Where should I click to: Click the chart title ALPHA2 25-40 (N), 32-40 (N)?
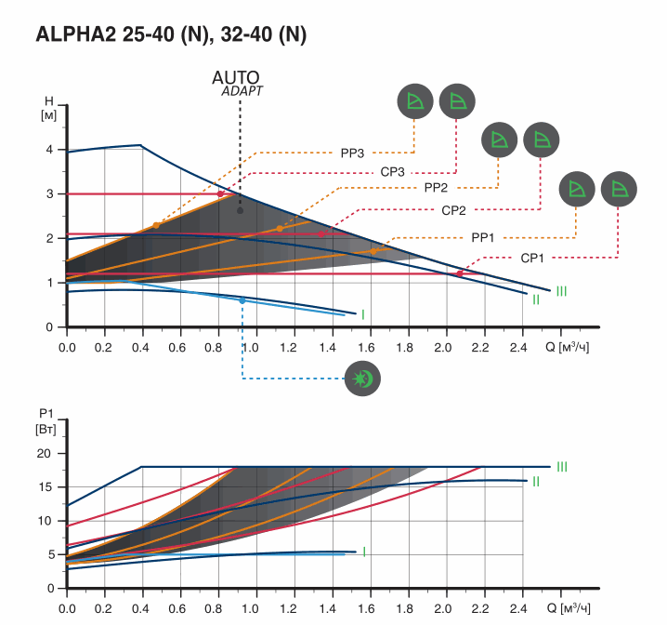[x=170, y=35]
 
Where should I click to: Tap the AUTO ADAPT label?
[x=239, y=83]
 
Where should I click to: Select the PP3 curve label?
[x=353, y=152]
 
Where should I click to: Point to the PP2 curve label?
[x=437, y=188]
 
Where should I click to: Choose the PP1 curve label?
[x=483, y=237]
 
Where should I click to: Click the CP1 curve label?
[x=532, y=258]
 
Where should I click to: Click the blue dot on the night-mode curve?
[x=242, y=300]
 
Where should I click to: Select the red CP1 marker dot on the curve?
[x=459, y=273]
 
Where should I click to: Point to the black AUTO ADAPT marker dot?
[x=240, y=210]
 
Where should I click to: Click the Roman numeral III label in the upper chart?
[x=561, y=291]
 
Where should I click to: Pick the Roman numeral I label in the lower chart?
[x=363, y=552]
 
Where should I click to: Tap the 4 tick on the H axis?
[x=48, y=150]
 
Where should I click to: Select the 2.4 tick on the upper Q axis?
[x=519, y=347]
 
